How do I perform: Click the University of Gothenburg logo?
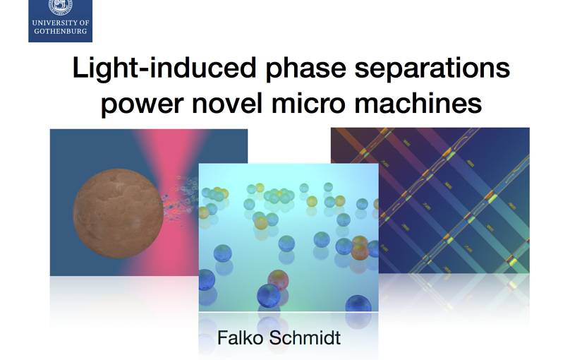(60, 20)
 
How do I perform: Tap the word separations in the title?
(432, 68)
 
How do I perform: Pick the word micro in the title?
(308, 102)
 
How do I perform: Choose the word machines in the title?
(418, 102)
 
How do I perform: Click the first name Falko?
(240, 337)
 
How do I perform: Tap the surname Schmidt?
(305, 337)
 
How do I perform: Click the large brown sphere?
(118, 213)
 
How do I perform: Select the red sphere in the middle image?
(279, 281)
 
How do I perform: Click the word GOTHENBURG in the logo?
(61, 31)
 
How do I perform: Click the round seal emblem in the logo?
(61, 6)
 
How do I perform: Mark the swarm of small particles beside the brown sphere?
(180, 200)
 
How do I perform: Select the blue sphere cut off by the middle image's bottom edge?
(358, 304)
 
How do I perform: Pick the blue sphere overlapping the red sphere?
(268, 296)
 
